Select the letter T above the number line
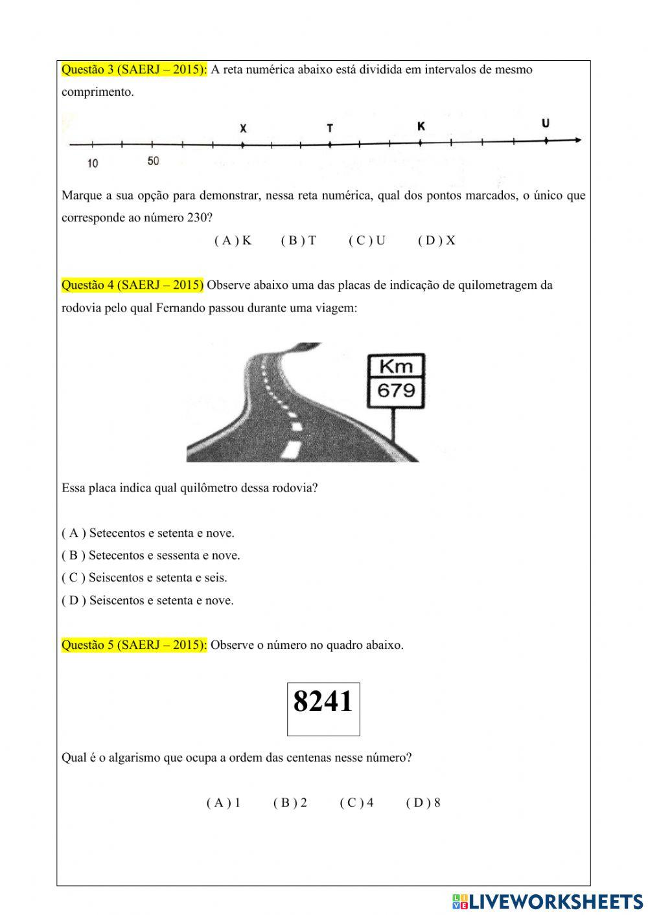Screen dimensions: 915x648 [330, 128]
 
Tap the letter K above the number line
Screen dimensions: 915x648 [421, 126]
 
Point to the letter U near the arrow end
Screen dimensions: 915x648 [546, 123]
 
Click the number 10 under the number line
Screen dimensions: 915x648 [93, 163]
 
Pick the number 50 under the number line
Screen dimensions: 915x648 [153, 161]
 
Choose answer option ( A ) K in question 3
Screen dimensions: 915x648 [233, 241]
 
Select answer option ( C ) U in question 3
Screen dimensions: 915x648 [367, 241]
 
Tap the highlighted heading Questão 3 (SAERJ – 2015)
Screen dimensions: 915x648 [134, 70]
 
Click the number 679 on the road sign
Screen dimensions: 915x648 [396, 390]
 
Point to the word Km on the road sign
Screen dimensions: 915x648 [396, 367]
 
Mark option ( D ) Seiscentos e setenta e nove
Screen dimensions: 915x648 [148, 600]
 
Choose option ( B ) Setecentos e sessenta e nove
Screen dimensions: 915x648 [150, 556]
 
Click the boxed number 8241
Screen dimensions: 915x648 [323, 702]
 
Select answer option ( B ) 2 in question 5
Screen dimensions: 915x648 [290, 803]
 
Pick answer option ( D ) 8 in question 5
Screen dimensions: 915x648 [423, 803]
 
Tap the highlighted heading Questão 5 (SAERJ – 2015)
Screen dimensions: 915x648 [134, 645]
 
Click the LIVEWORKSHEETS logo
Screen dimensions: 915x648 [548, 901]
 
